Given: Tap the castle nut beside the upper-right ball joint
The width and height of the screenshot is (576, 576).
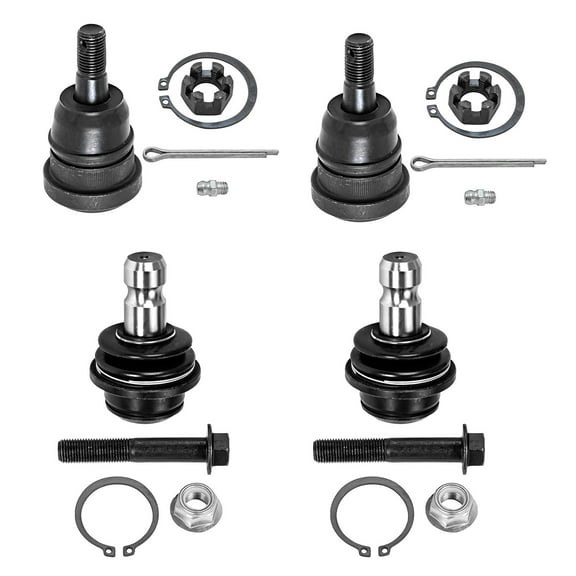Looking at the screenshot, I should (474, 98).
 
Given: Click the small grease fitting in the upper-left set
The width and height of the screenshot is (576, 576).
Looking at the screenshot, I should (212, 187).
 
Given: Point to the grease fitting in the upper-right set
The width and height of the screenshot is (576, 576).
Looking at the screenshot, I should (480, 196).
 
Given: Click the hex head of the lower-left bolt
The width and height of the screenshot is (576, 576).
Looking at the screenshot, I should (217, 449).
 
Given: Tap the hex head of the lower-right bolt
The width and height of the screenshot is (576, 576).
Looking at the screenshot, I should (473, 449).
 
